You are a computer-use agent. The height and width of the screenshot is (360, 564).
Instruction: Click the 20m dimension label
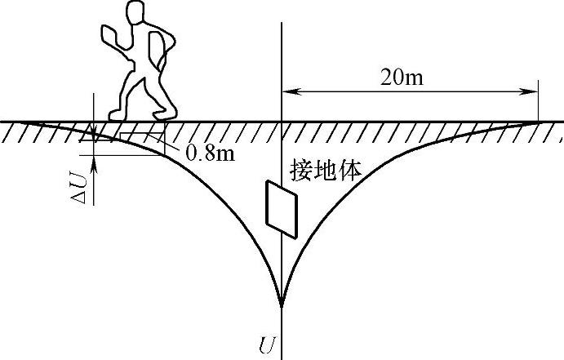point(406,78)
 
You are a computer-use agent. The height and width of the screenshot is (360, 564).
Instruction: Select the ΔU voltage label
point(84,185)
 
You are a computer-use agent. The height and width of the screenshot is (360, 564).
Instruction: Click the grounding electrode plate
point(281,209)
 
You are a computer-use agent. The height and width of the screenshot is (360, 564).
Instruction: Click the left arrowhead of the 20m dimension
point(287,90)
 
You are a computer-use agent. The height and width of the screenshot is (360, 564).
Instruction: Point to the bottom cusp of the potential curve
point(282,306)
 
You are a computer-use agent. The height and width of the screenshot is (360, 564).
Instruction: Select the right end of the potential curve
point(539,122)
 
